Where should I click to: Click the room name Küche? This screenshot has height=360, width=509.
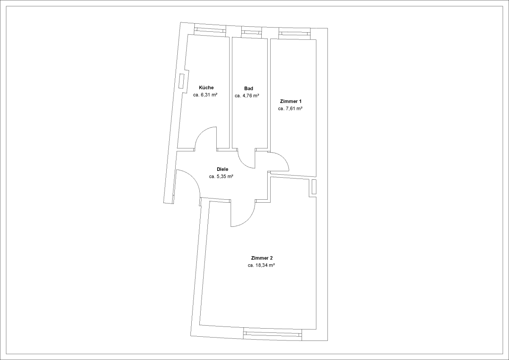(x=206, y=88)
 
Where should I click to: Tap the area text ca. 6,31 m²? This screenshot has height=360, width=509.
(x=205, y=95)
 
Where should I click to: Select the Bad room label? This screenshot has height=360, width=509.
(x=249, y=88)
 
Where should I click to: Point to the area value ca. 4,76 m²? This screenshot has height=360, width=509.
(x=247, y=96)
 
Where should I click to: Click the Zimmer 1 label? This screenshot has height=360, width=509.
(x=291, y=101)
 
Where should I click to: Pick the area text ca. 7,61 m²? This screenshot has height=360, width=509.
(x=290, y=109)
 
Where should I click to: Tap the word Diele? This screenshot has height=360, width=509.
(x=222, y=169)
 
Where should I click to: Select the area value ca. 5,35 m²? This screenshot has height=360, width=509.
(x=221, y=176)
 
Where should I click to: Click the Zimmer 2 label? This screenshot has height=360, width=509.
(x=262, y=258)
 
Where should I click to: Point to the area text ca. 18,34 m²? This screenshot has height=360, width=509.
(x=261, y=265)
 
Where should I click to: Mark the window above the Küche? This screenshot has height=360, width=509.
(x=210, y=31)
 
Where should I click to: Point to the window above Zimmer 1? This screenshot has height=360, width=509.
(x=294, y=33)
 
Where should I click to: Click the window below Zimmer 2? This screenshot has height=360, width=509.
(x=272, y=334)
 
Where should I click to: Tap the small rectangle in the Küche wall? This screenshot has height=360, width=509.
(x=182, y=81)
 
